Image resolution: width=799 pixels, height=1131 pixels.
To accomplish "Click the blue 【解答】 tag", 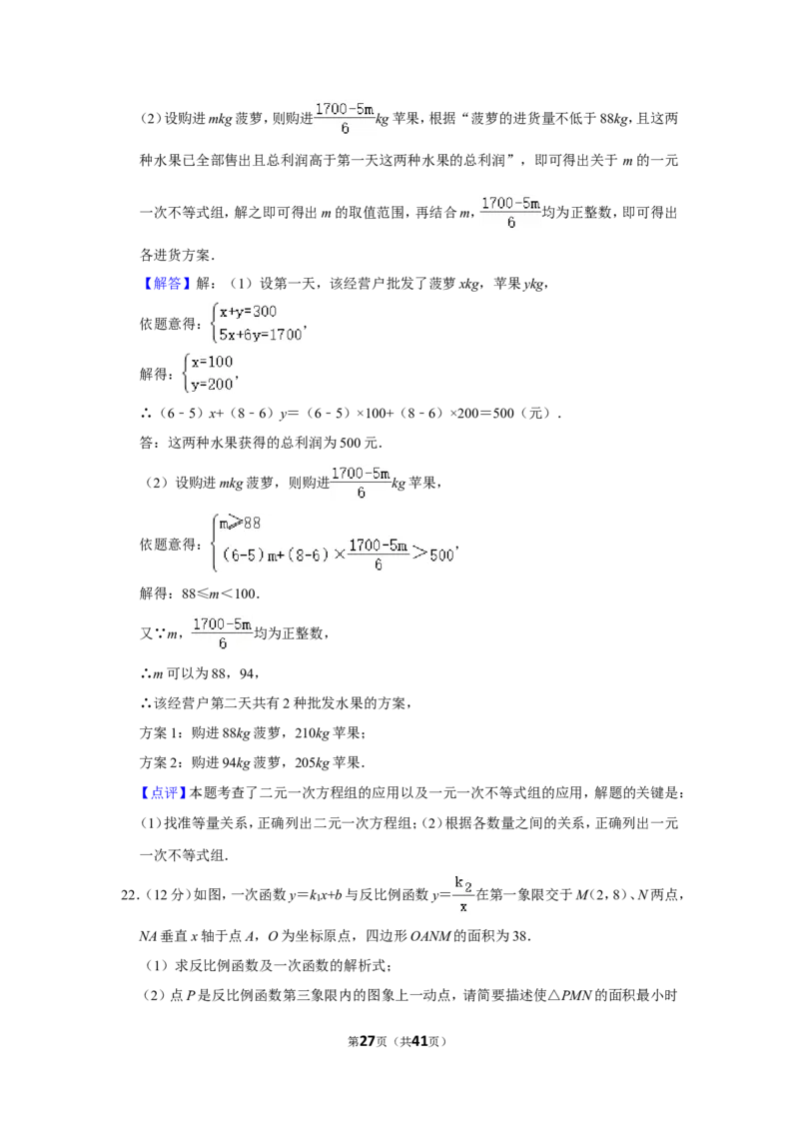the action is click(168, 284).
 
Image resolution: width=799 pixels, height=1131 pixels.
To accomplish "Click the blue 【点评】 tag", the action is click(163, 792).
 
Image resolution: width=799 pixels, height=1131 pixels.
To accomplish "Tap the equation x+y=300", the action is click(248, 312).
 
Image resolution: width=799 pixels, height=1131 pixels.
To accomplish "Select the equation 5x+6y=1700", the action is click(261, 334).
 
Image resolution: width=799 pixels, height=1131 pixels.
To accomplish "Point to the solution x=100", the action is click(212, 362).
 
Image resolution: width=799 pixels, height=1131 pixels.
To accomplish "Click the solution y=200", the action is click(212, 385).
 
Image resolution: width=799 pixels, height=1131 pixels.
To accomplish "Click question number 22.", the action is click(129, 895).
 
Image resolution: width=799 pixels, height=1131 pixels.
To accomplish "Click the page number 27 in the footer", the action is click(368, 1041).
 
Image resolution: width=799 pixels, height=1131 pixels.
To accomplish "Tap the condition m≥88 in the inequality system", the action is click(240, 523).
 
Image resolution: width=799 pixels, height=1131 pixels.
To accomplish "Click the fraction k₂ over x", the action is click(463, 893).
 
